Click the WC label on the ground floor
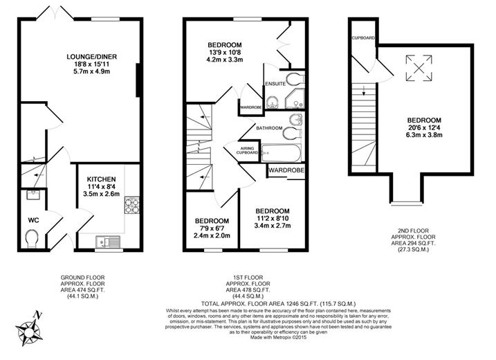click(33, 219)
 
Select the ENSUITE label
click(275, 84)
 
